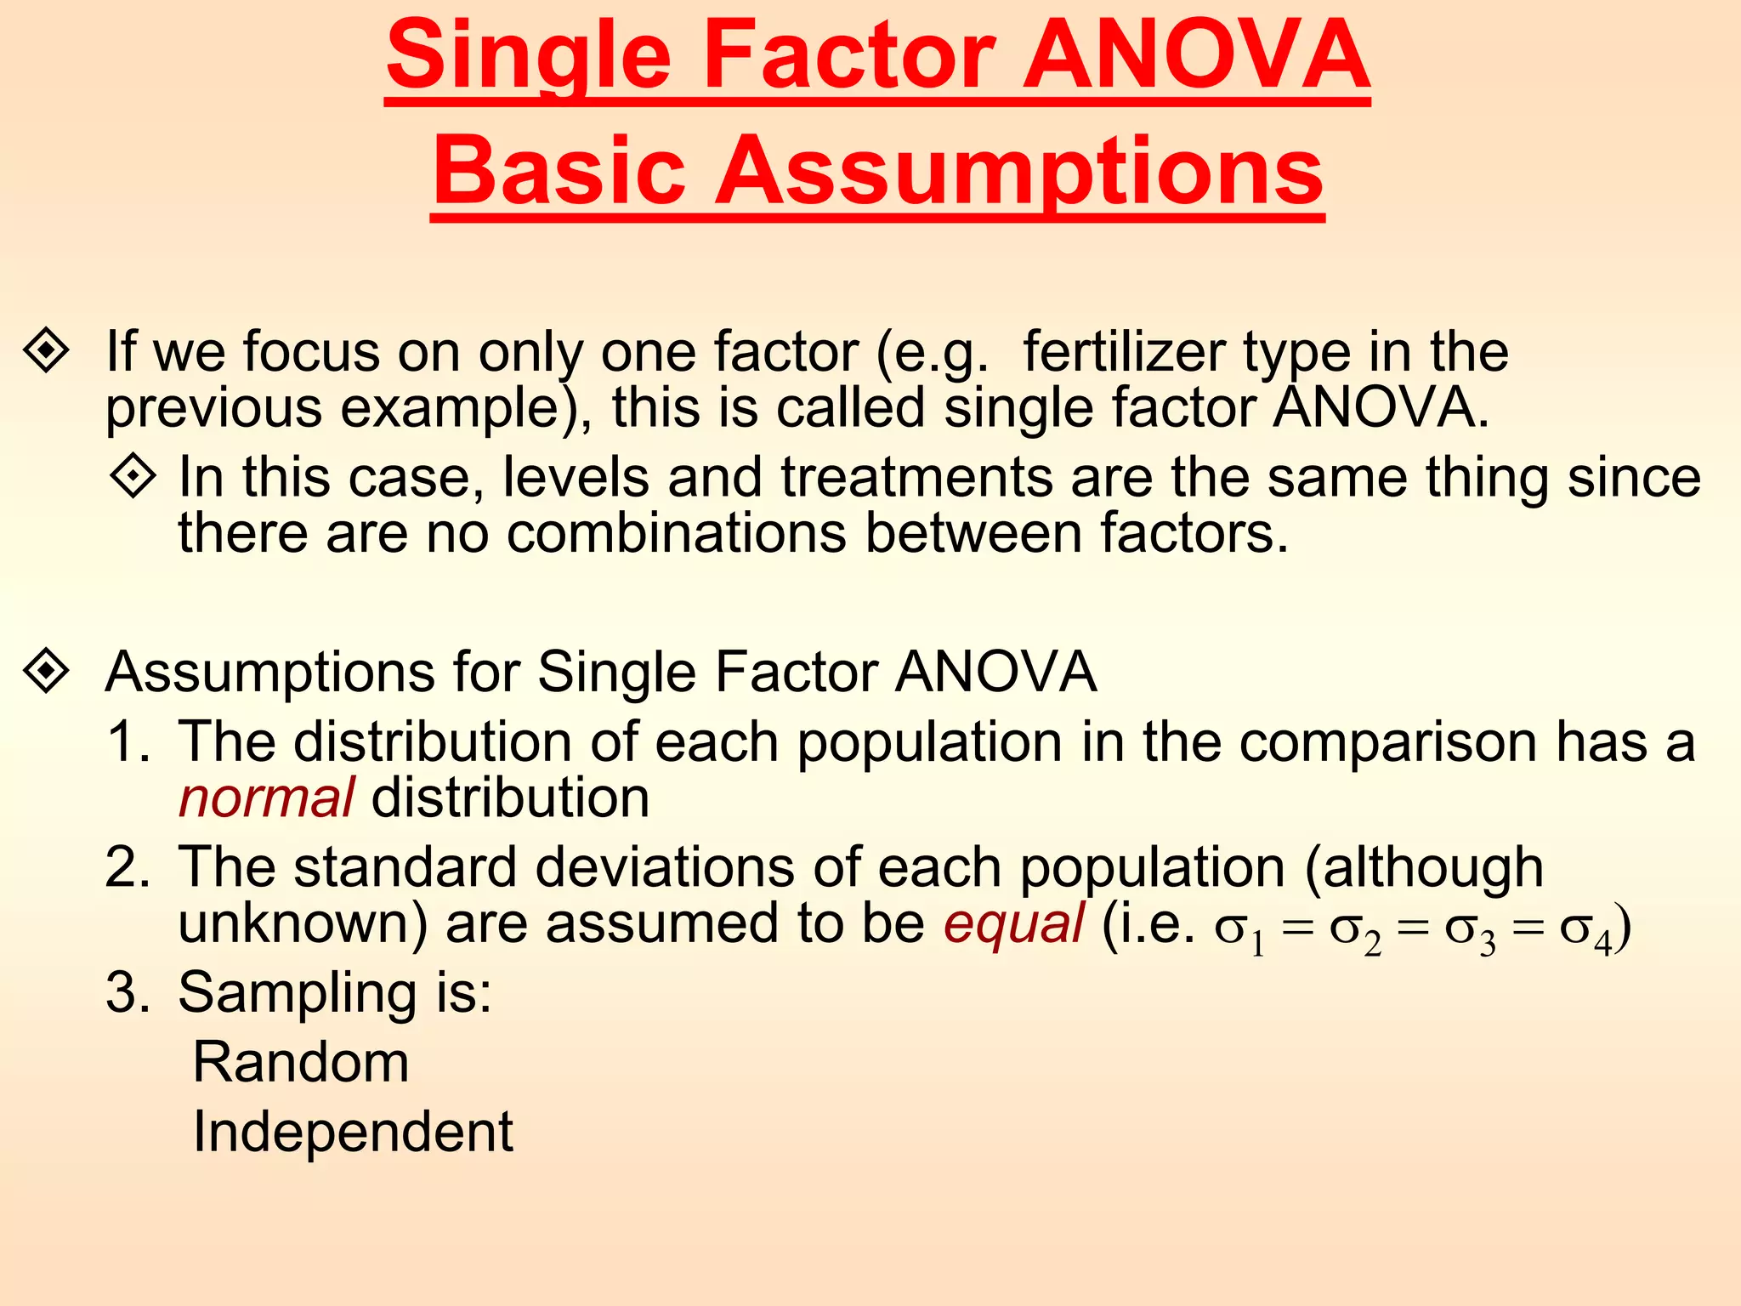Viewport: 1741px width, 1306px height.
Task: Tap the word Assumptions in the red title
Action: [1019, 173]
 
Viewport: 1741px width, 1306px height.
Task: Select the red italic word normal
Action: [266, 799]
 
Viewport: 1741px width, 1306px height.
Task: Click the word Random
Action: [301, 1063]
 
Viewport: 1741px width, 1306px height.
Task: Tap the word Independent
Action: [353, 1133]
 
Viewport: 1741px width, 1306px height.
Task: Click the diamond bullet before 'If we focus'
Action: [47, 350]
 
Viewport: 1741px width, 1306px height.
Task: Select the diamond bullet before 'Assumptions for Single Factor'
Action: [47, 672]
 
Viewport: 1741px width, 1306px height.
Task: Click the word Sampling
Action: [298, 993]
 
